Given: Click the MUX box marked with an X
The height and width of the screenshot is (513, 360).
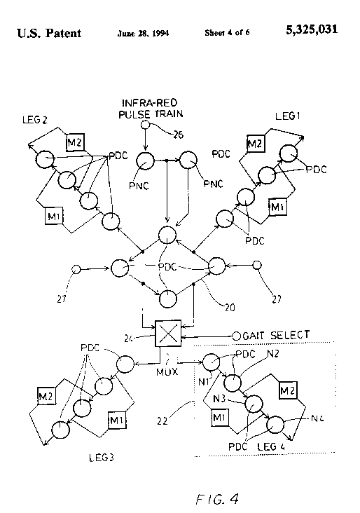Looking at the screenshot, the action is [168, 334].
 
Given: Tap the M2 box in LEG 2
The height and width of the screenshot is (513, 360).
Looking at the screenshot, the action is [75, 142].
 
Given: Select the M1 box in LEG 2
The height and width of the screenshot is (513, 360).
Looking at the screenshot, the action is [54, 216].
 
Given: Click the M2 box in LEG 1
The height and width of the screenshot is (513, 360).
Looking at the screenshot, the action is [256, 143].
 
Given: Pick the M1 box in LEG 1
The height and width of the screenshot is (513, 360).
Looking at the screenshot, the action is [277, 207].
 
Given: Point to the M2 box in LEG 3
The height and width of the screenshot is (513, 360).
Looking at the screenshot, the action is [46, 396].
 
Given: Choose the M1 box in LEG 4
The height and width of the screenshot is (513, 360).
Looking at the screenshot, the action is [219, 418].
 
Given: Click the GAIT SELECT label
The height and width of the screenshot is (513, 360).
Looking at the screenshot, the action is [276, 335].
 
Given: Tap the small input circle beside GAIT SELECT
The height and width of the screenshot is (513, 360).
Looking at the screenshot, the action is [237, 336].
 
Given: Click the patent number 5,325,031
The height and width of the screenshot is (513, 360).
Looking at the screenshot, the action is [312, 29].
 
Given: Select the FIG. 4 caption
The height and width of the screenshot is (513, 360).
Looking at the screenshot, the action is [217, 499].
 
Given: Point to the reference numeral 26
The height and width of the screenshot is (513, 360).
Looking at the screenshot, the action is [178, 135].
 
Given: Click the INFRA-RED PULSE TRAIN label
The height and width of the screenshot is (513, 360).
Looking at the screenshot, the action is [151, 109].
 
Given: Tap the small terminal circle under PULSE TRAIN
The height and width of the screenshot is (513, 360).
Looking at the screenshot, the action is [146, 125].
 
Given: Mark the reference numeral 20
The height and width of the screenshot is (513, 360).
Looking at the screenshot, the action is [230, 308].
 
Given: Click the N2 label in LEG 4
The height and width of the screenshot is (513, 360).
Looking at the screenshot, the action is [272, 354].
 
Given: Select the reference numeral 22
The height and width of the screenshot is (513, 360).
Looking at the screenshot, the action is [162, 421].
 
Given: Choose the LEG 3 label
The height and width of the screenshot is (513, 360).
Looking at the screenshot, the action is [102, 458].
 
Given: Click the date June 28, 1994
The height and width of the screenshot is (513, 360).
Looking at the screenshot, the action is [143, 33].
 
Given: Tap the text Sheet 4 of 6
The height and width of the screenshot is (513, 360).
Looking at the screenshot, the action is [227, 32].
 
